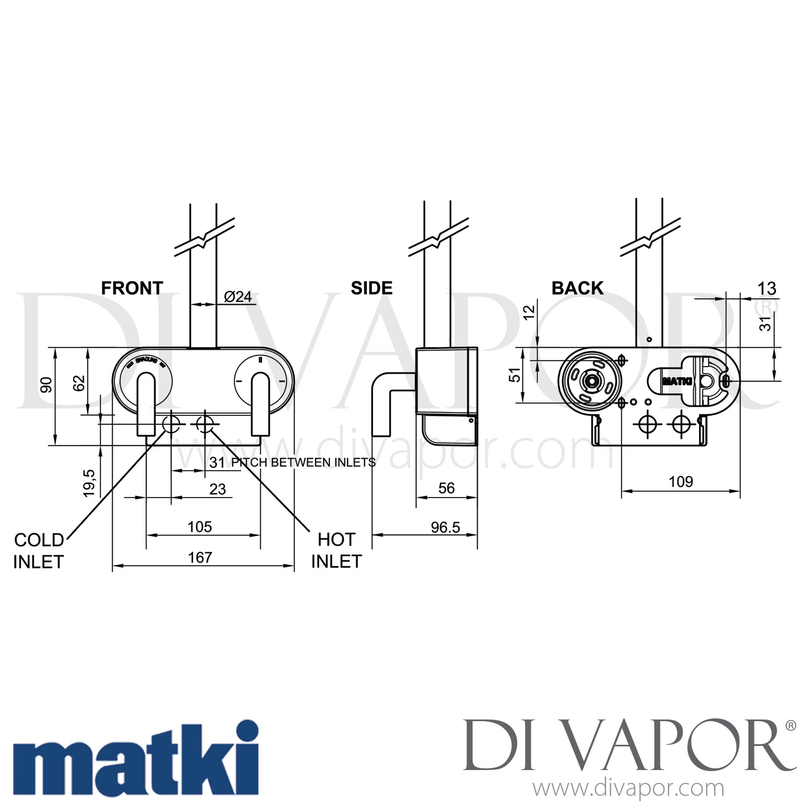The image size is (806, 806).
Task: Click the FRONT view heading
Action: (132, 288)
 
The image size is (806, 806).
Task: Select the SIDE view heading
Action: (371, 288)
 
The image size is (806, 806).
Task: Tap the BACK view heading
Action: (577, 288)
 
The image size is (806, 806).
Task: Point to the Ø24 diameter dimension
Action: (238, 297)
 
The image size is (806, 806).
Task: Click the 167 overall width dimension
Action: (200, 558)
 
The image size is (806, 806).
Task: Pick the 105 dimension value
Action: (200, 527)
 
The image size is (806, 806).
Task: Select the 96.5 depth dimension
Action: (445, 527)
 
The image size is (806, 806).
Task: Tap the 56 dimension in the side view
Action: (446, 488)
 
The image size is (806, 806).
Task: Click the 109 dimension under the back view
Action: (681, 481)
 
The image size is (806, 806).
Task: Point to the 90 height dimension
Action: (47, 385)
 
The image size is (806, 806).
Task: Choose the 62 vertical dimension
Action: (79, 383)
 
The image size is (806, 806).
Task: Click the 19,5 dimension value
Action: (89, 483)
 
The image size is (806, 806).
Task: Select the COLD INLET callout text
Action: (38, 551)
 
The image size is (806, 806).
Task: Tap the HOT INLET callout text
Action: (336, 550)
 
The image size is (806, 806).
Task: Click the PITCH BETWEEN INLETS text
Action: (303, 462)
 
